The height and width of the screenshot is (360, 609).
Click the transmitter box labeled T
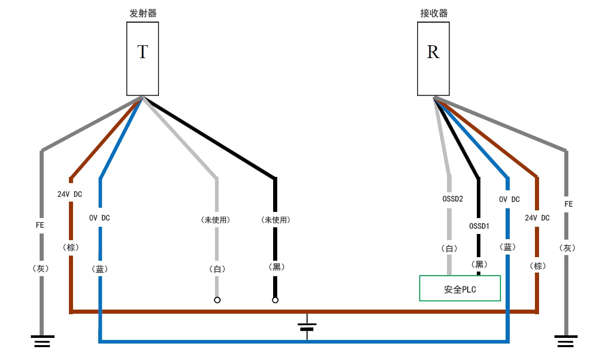[x=142, y=59]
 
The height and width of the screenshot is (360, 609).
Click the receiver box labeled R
[x=433, y=59]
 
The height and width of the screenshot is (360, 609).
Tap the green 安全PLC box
[x=460, y=289]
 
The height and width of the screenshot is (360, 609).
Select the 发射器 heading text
[x=142, y=13]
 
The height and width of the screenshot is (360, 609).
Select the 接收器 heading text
[x=434, y=13]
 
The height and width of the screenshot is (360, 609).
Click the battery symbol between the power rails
[x=307, y=327]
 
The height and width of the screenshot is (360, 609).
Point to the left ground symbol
[x=42, y=340]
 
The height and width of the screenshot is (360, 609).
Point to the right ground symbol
[x=566, y=340]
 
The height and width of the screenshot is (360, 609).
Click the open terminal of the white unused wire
[x=217, y=300]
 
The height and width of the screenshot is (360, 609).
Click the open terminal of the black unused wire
[x=275, y=300]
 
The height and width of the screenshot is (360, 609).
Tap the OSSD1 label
[x=479, y=226]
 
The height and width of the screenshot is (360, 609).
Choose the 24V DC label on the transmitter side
[x=69, y=194]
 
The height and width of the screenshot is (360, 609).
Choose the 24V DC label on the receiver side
[x=537, y=218]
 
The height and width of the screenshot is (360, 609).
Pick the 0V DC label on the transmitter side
[x=99, y=218]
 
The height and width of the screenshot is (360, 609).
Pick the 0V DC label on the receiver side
[x=509, y=199]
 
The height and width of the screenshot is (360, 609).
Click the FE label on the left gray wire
[x=40, y=225]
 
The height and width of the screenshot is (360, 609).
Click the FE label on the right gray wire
[x=568, y=204]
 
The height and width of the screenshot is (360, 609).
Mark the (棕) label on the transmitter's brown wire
[x=70, y=247]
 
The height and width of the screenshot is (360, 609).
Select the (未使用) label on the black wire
[x=275, y=220]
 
